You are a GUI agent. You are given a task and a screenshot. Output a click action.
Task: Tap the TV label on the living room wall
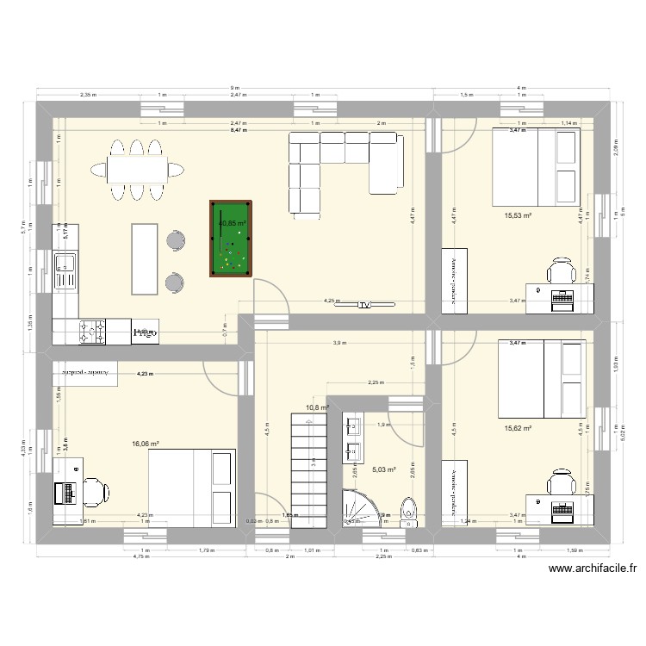pyautogui.click(x=364, y=305)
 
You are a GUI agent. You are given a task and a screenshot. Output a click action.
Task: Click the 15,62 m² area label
pyautogui.click(x=518, y=428)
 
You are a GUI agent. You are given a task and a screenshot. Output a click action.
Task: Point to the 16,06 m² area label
pyautogui.click(x=146, y=444)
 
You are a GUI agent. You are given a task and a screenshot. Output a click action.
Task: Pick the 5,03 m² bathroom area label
pyautogui.click(x=383, y=469)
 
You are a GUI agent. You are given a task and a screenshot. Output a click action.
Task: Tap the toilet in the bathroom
pyautogui.click(x=408, y=508)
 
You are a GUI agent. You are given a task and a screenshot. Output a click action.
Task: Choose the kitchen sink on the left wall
pyautogui.click(x=65, y=270)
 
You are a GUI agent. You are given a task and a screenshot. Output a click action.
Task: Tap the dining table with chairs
pyautogui.click(x=137, y=168)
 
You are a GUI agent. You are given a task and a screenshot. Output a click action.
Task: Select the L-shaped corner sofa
pyautogui.click(x=344, y=168)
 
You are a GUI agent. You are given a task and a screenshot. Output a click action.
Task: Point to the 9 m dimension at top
pyautogui.click(x=233, y=89)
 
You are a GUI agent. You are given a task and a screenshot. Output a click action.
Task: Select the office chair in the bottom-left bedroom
pyautogui.click(x=96, y=492)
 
